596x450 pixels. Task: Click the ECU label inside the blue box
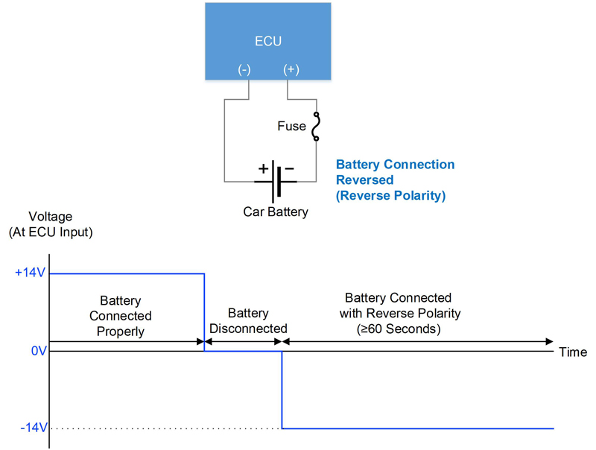click(x=268, y=41)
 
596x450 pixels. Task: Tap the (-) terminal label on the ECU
click(x=244, y=69)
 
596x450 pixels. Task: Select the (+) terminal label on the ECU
click(x=291, y=69)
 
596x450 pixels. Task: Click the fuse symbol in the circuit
click(x=316, y=127)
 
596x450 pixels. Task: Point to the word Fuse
click(x=291, y=126)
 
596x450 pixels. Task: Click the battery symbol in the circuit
click(x=276, y=181)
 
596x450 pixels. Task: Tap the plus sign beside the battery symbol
click(x=263, y=168)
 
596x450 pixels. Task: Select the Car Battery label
click(x=276, y=212)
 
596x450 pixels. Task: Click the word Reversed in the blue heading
click(x=364, y=180)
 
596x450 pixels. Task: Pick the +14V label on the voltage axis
click(x=30, y=273)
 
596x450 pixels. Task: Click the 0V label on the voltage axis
click(x=39, y=351)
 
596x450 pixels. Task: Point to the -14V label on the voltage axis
click(x=34, y=428)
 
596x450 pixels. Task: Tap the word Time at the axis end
click(x=573, y=352)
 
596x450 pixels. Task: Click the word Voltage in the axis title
click(x=51, y=216)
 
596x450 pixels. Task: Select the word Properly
click(x=121, y=332)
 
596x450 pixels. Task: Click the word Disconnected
click(x=248, y=329)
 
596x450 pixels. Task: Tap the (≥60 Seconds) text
click(x=399, y=329)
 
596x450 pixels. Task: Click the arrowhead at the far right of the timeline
click(x=549, y=341)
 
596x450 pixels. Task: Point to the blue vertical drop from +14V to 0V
click(x=204, y=312)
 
